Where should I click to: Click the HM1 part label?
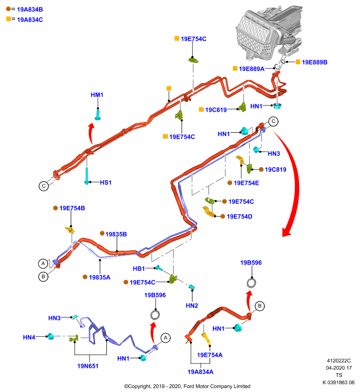(97, 95)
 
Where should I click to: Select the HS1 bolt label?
(105, 182)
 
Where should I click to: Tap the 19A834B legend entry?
(30, 9)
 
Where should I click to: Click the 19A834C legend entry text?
(30, 20)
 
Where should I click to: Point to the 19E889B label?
(314, 62)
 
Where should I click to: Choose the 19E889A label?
(252, 69)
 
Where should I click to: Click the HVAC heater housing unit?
(269, 32)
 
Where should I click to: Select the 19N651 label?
(88, 366)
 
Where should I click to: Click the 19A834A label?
(201, 372)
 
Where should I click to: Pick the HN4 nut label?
(29, 337)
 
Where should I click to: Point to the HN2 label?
(192, 305)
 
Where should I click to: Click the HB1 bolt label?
(139, 269)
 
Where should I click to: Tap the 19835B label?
(116, 234)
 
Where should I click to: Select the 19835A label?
(100, 277)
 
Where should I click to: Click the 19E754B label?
(72, 208)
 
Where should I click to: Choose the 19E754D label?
(239, 217)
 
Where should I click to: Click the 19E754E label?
(246, 183)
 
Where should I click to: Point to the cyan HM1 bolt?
(98, 115)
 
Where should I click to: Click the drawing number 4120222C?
(339, 361)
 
